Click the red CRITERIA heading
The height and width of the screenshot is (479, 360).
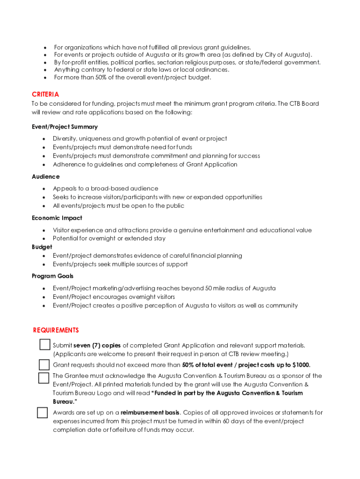pyautogui.click(x=45, y=94)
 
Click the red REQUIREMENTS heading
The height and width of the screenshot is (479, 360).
pyautogui.click(x=56, y=330)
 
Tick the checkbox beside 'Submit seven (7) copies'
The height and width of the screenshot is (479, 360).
pyautogui.click(x=45, y=345)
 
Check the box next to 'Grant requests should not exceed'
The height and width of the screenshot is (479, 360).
pyautogui.click(x=44, y=365)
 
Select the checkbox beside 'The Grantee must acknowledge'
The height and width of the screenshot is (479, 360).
pyautogui.click(x=44, y=378)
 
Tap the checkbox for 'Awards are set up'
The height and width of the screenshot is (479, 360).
pyautogui.click(x=42, y=413)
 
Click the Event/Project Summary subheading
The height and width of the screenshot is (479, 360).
pyautogui.click(x=65, y=127)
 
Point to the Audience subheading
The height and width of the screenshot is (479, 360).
pyautogui.click(x=45, y=176)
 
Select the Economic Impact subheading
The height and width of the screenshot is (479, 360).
pyautogui.click(x=57, y=218)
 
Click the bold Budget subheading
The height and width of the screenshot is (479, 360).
pyautogui.click(x=42, y=247)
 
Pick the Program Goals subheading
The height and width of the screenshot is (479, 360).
pyautogui.click(x=52, y=276)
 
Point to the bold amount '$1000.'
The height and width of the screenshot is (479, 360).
pyautogui.click(x=301, y=365)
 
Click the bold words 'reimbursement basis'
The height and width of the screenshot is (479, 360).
pyautogui.click(x=150, y=413)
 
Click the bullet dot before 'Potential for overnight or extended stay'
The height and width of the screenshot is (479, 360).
pyautogui.click(x=44, y=239)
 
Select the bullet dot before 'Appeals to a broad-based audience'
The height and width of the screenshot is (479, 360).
pyautogui.click(x=44, y=189)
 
